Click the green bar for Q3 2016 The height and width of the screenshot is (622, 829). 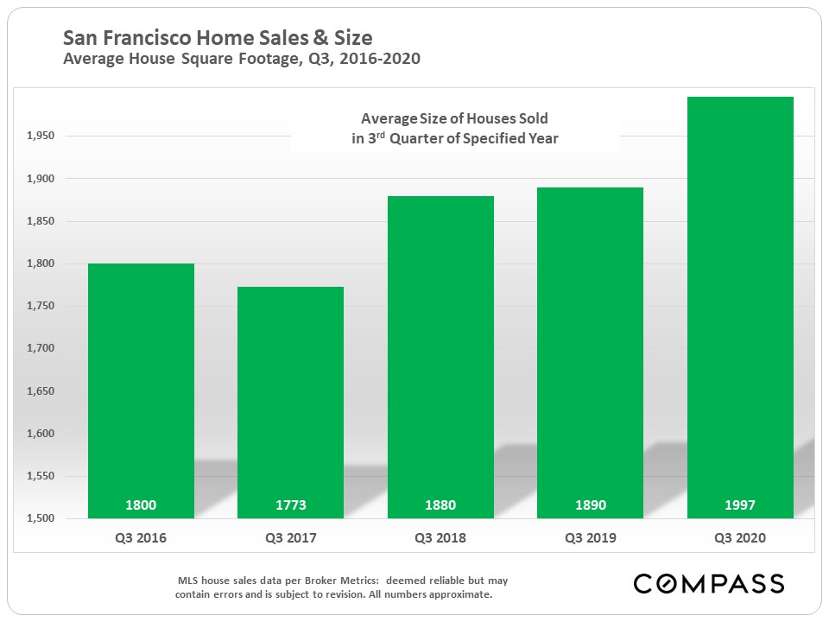141,389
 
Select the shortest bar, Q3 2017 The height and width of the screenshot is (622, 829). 290,402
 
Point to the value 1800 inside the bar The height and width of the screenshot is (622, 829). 141,505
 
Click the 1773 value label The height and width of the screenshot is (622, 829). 290,505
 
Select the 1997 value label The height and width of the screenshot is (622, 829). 740,505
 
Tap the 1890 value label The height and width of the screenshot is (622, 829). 590,505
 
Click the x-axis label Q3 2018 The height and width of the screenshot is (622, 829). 440,538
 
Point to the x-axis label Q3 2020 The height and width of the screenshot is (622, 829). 740,538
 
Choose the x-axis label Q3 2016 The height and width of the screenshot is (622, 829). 141,538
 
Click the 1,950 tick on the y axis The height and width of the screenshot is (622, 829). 40,136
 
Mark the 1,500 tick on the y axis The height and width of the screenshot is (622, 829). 40,519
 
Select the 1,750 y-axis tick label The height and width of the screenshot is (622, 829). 40,307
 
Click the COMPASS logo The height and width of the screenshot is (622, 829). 708,583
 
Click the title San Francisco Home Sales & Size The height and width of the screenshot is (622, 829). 218,39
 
